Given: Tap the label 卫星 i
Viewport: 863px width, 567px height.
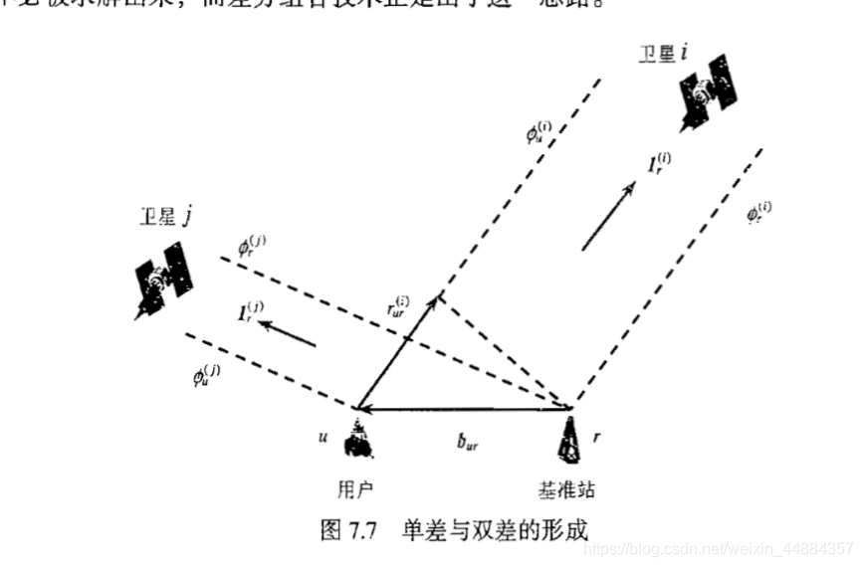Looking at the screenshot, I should tap(662, 53).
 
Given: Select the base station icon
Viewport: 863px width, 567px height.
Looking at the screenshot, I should tap(572, 439).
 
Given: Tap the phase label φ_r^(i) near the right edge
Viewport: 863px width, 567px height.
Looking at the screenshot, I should tap(759, 212).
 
